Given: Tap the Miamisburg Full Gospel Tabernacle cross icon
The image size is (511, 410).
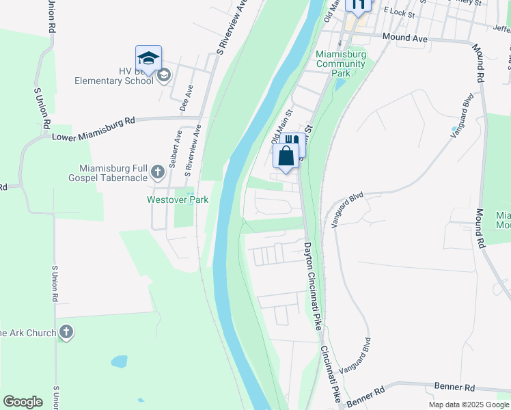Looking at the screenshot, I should (158, 171).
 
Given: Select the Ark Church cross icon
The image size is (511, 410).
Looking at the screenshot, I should (66, 333).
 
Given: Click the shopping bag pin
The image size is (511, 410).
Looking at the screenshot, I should (286, 156).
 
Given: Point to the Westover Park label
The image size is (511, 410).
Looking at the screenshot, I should (178, 200).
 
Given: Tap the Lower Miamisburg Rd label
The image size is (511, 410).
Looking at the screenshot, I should (94, 128).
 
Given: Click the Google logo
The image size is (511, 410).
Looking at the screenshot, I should (23, 401).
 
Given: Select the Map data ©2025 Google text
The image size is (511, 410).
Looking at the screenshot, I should (468, 405).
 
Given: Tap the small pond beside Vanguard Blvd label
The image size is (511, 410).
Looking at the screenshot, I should (454, 129).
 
